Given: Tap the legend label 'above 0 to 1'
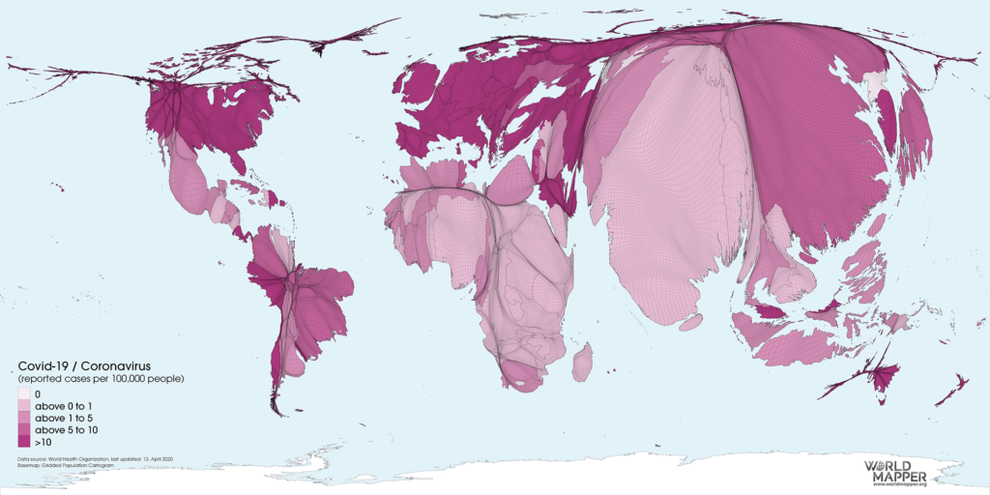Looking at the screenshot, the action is [x=62, y=406].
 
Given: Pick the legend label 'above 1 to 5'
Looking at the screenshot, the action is [x=62, y=418].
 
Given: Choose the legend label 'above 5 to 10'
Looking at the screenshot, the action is [x=65, y=429].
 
